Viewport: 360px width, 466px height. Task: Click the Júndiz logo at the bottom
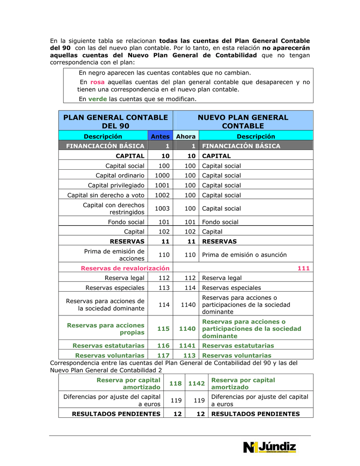(270, 447)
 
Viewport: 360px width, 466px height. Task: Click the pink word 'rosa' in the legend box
(97, 82)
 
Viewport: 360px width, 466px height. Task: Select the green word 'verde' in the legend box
(97, 99)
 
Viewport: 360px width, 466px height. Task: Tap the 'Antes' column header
(160, 137)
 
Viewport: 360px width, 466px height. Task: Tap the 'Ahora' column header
(186, 137)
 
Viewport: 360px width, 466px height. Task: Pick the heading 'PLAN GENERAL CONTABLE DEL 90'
(116, 122)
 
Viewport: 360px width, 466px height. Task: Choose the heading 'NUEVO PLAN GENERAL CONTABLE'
(243, 122)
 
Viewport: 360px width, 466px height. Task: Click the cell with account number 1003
(162, 208)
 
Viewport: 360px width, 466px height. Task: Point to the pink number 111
(304, 268)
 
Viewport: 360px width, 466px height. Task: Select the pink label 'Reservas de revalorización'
(125, 268)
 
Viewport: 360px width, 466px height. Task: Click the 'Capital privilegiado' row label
(116, 185)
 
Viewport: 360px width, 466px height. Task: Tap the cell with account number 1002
(162, 195)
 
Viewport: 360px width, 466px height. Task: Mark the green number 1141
(187, 346)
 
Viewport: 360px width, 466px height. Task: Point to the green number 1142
(196, 383)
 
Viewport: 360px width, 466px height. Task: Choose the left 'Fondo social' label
(126, 222)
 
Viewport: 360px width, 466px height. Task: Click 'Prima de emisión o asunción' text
(244, 255)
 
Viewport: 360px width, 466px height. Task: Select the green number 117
(163, 355)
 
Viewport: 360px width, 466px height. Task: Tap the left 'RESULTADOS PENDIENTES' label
(116, 414)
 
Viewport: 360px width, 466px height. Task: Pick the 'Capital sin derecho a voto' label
(106, 195)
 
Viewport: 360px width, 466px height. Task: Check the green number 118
(175, 383)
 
